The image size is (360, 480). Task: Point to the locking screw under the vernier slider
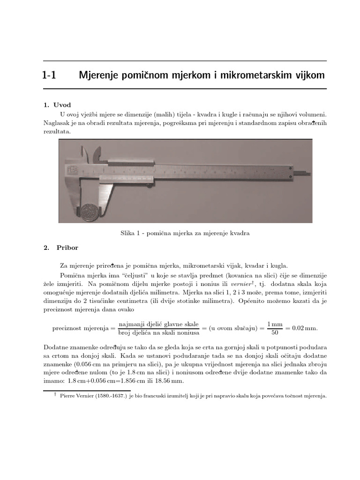click(149, 185)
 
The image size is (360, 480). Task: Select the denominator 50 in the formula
click(275, 333)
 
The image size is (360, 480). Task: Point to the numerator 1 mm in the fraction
click(275, 324)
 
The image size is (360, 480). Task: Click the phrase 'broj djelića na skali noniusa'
click(159, 333)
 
